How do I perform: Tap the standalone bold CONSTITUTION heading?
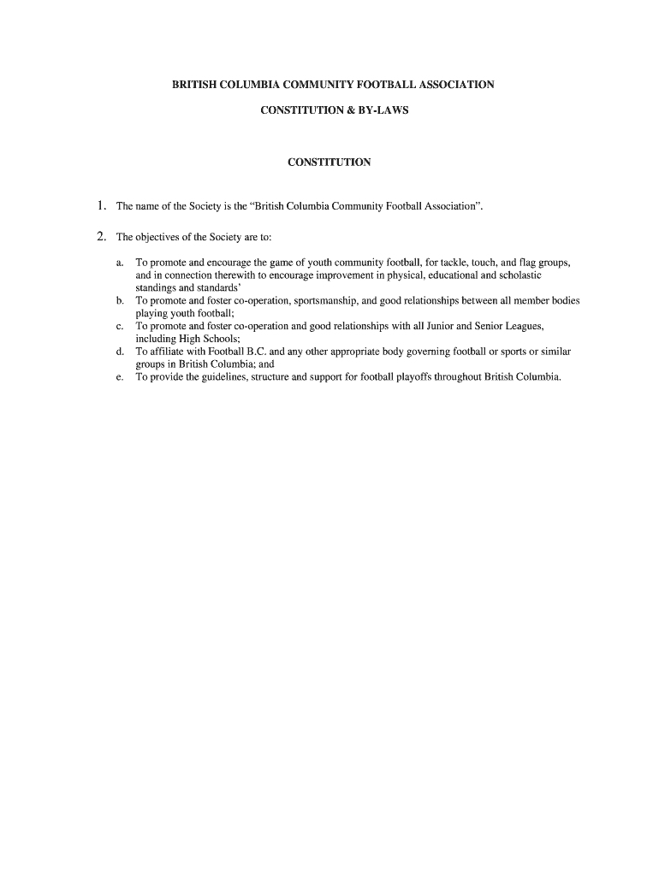[x=329, y=162]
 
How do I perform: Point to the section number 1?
[x=101, y=206]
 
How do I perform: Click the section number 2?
[x=101, y=237]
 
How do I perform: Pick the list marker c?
[x=121, y=327]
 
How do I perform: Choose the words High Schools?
[x=204, y=339]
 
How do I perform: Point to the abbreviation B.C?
[x=255, y=352]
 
